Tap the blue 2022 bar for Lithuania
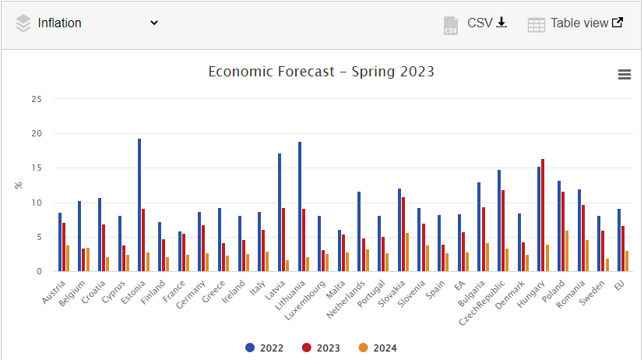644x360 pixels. [x=299, y=206]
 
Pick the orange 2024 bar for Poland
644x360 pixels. [x=567, y=251]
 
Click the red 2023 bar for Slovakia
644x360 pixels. [x=403, y=234]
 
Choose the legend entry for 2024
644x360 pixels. [x=378, y=348]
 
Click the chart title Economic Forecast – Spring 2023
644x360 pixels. [x=322, y=72]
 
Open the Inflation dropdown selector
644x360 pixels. [x=87, y=23]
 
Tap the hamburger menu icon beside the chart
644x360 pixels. [x=624, y=74]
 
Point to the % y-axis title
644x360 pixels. [x=18, y=185]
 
